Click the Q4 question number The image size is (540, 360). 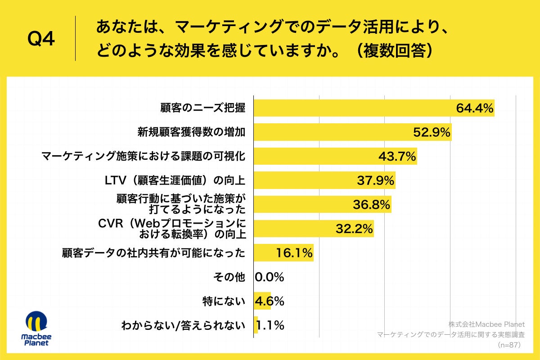click(41, 40)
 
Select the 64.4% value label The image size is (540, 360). click(475, 108)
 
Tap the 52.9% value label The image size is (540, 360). click(432, 132)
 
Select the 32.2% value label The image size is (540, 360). click(354, 229)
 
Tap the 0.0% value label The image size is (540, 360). click(269, 278)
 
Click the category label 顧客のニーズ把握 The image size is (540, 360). click(203, 108)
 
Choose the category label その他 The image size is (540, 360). click(229, 278)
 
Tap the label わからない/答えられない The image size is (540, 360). click(183, 326)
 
